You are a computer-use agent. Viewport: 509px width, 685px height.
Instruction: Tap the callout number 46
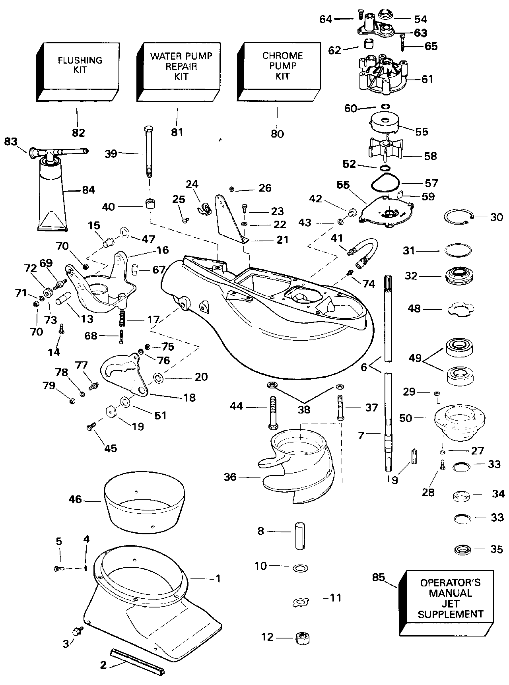(76, 499)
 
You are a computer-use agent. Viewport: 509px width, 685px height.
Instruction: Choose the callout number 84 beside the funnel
(89, 190)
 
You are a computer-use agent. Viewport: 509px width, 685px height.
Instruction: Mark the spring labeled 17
(123, 319)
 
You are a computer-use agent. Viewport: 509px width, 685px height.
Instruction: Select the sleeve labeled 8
(299, 536)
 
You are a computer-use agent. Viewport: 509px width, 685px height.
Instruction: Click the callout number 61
(427, 79)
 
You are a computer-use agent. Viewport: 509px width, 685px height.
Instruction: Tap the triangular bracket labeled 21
(230, 217)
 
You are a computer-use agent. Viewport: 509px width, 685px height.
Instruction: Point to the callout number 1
(218, 578)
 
